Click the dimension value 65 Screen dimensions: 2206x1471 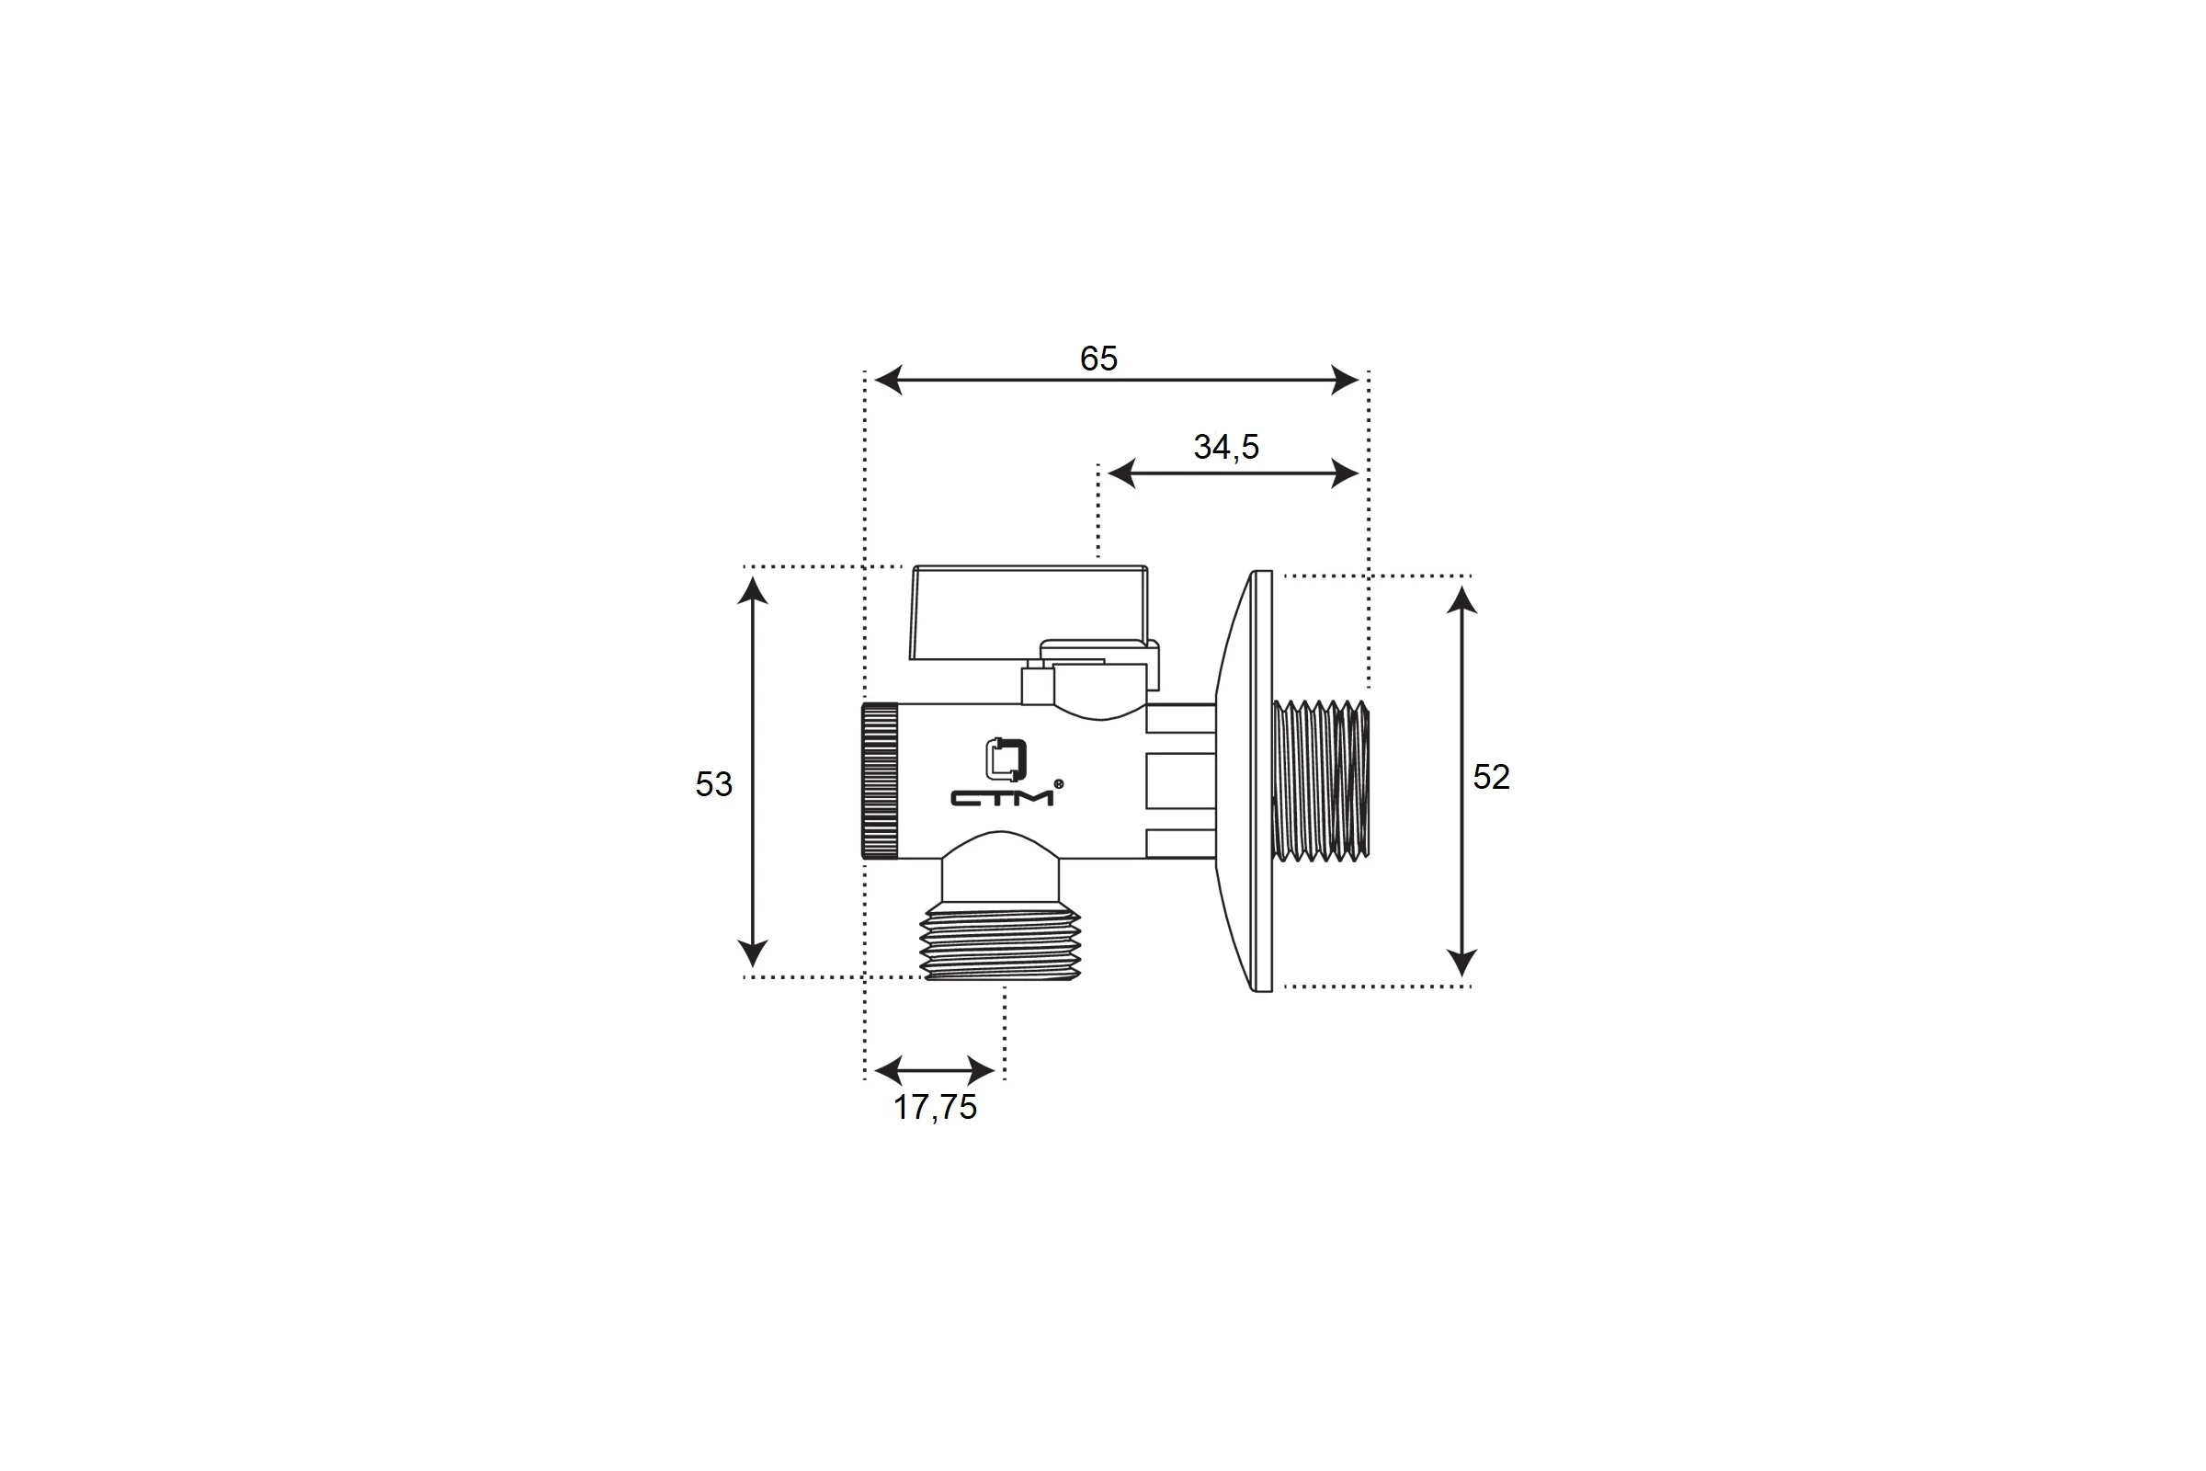(1098, 359)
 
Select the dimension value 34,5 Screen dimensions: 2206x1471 (1226, 447)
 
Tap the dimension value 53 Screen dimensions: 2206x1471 (714, 784)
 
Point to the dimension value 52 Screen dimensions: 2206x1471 (1491, 777)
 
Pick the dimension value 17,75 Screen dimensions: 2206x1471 (935, 1108)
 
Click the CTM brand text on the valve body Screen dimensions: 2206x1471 (1003, 798)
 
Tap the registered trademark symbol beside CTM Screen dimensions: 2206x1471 (1059, 783)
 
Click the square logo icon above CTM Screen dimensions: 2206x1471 (1006, 759)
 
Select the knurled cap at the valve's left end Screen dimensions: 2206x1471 (880, 781)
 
